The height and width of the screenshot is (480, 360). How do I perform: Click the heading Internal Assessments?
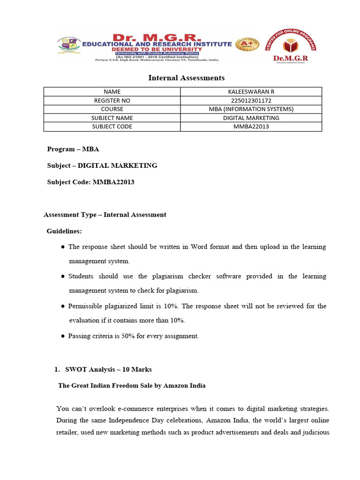(187, 78)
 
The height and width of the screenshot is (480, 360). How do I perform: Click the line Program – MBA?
(73, 149)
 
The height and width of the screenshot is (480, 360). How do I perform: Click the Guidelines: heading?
(64, 231)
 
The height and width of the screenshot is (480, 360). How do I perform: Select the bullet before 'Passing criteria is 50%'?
(63, 337)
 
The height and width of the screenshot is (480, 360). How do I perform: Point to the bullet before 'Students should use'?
(63, 277)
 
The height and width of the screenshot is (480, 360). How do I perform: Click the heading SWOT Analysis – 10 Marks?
(108, 369)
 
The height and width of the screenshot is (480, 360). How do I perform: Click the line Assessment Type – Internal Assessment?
(105, 215)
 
